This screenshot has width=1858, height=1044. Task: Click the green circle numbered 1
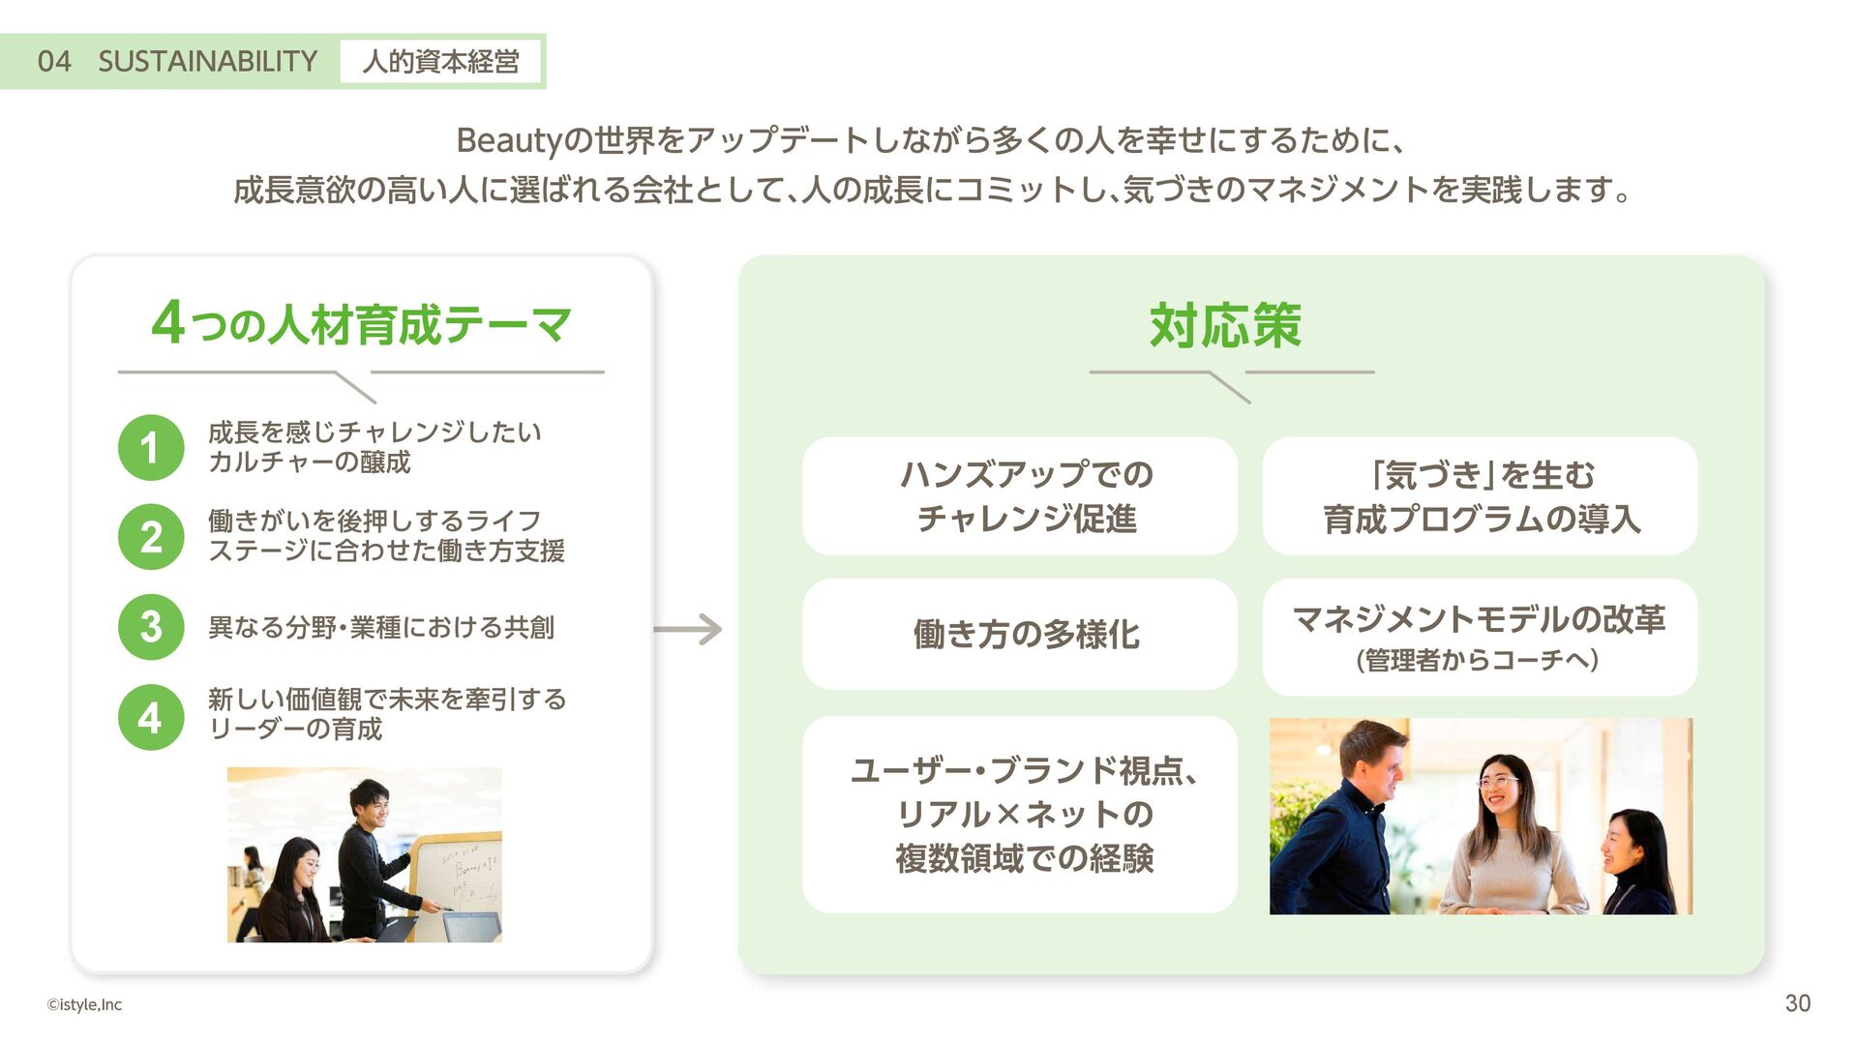point(151,448)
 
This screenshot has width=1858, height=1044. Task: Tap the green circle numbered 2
point(151,537)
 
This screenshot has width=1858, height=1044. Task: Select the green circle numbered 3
point(151,627)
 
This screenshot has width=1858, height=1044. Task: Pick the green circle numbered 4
point(151,717)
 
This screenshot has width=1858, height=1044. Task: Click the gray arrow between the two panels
point(688,630)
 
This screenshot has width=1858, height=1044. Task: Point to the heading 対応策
point(1225,325)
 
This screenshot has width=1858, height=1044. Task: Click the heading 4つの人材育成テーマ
point(362,324)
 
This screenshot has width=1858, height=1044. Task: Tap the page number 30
point(1797,1003)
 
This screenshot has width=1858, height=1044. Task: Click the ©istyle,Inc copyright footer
point(84,1004)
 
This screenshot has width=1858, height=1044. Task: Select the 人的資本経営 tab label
point(440,62)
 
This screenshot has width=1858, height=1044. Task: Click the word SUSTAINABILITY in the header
point(208,62)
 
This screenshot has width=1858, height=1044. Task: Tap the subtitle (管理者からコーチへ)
point(1478,660)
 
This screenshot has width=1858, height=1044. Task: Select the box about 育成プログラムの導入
point(1480,496)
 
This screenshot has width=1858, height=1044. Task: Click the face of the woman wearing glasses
point(1498,785)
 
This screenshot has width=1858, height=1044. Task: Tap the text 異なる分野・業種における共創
point(381,628)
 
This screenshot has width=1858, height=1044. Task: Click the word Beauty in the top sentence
point(509,141)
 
